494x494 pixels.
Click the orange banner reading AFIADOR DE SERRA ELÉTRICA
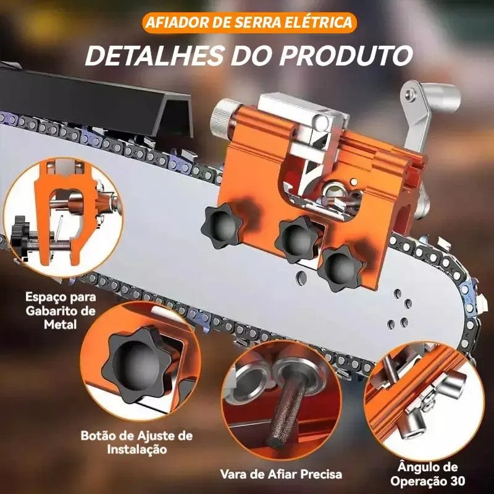249,22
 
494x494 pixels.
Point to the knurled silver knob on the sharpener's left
222,117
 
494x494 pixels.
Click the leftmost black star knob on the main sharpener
222,225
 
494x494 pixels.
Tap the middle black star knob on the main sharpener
297,240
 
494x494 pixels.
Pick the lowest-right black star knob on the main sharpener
341,269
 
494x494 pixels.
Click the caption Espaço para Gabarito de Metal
61,311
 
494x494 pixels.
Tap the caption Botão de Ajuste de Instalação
136,442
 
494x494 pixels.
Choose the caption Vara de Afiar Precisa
281,474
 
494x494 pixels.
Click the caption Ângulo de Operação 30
427,474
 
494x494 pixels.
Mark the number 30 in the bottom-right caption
457,482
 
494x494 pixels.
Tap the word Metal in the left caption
61,324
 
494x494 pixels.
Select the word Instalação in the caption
136,450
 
